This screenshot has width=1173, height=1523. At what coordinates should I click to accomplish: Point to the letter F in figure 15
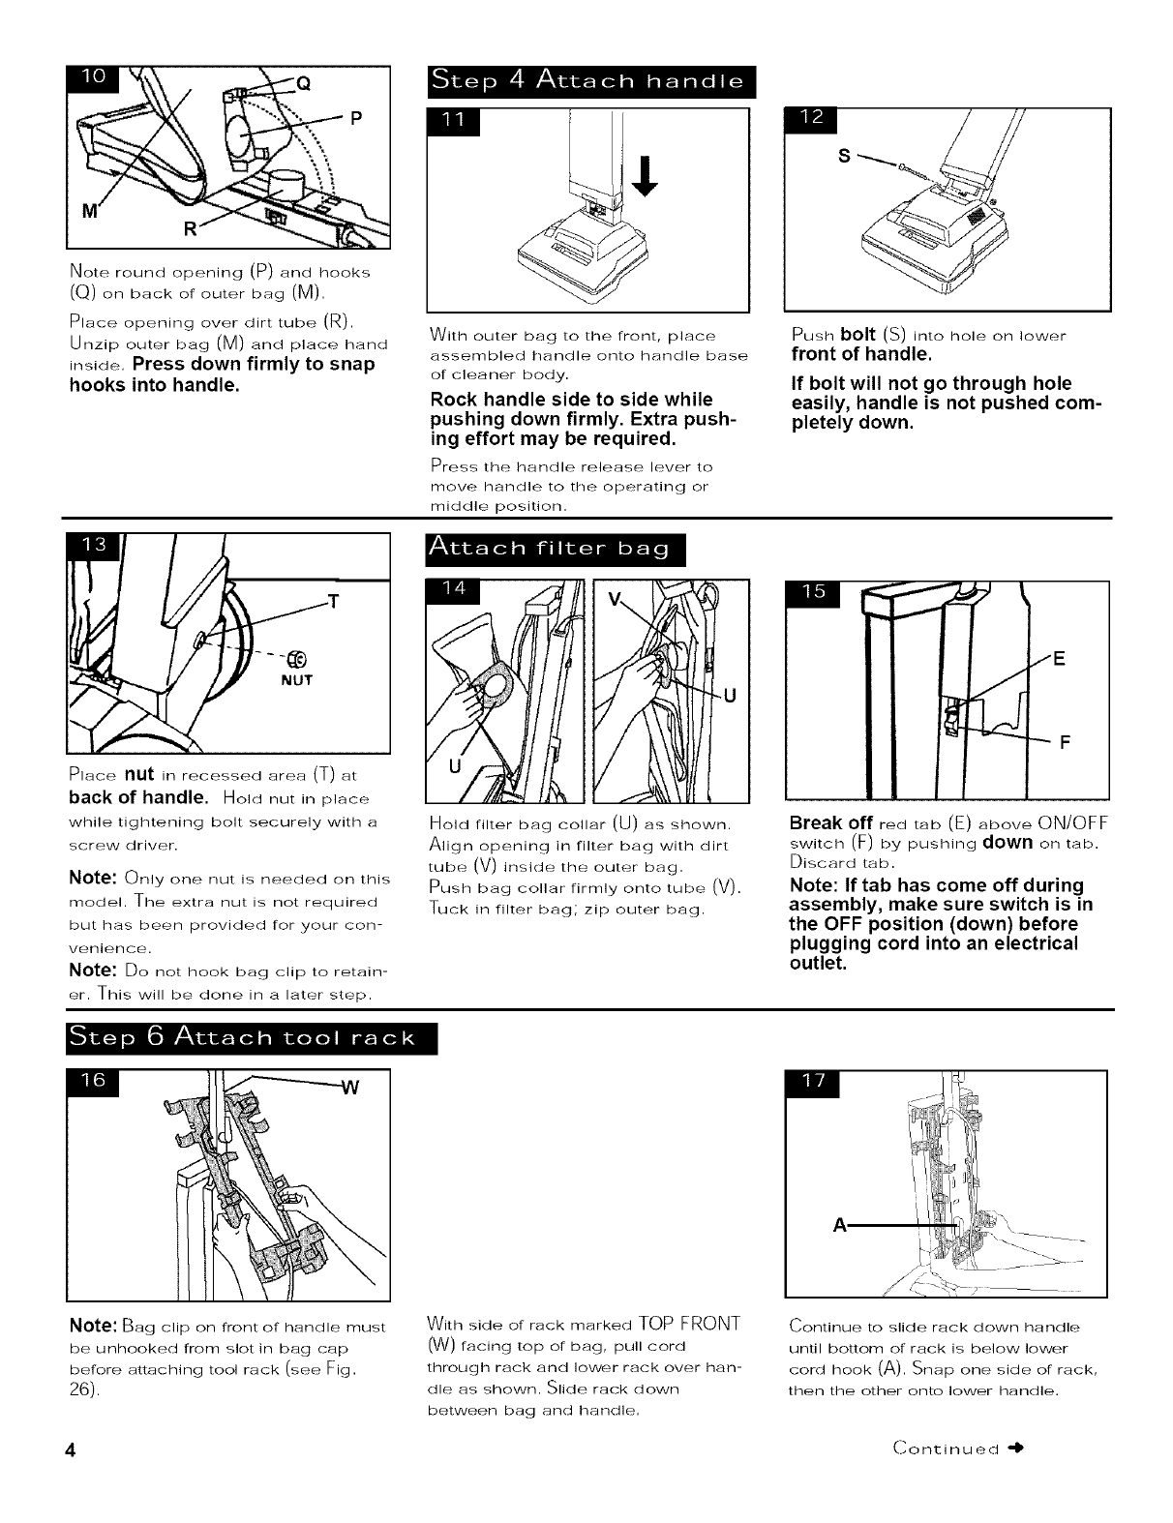(1064, 743)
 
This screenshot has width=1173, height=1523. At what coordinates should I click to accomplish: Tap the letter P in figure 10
(355, 120)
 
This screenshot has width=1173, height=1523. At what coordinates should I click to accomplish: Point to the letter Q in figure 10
(303, 82)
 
